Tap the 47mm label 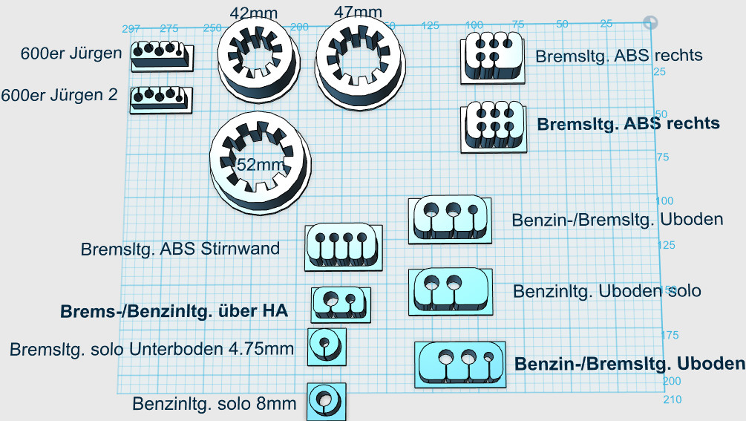(x=359, y=12)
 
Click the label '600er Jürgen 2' (x=61, y=96)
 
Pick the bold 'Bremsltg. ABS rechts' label (x=628, y=123)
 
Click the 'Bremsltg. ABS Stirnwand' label (x=180, y=249)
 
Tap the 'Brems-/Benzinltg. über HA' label (x=174, y=310)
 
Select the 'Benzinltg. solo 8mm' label (x=214, y=404)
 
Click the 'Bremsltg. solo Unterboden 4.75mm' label (x=152, y=348)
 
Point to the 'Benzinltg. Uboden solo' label (x=606, y=290)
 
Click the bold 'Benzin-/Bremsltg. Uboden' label (x=629, y=363)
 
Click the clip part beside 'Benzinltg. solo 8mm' (x=326, y=401)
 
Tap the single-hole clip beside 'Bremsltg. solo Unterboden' (x=327, y=345)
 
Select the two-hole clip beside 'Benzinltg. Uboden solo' (x=448, y=290)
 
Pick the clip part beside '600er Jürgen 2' (x=160, y=99)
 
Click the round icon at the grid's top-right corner (x=650, y=22)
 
